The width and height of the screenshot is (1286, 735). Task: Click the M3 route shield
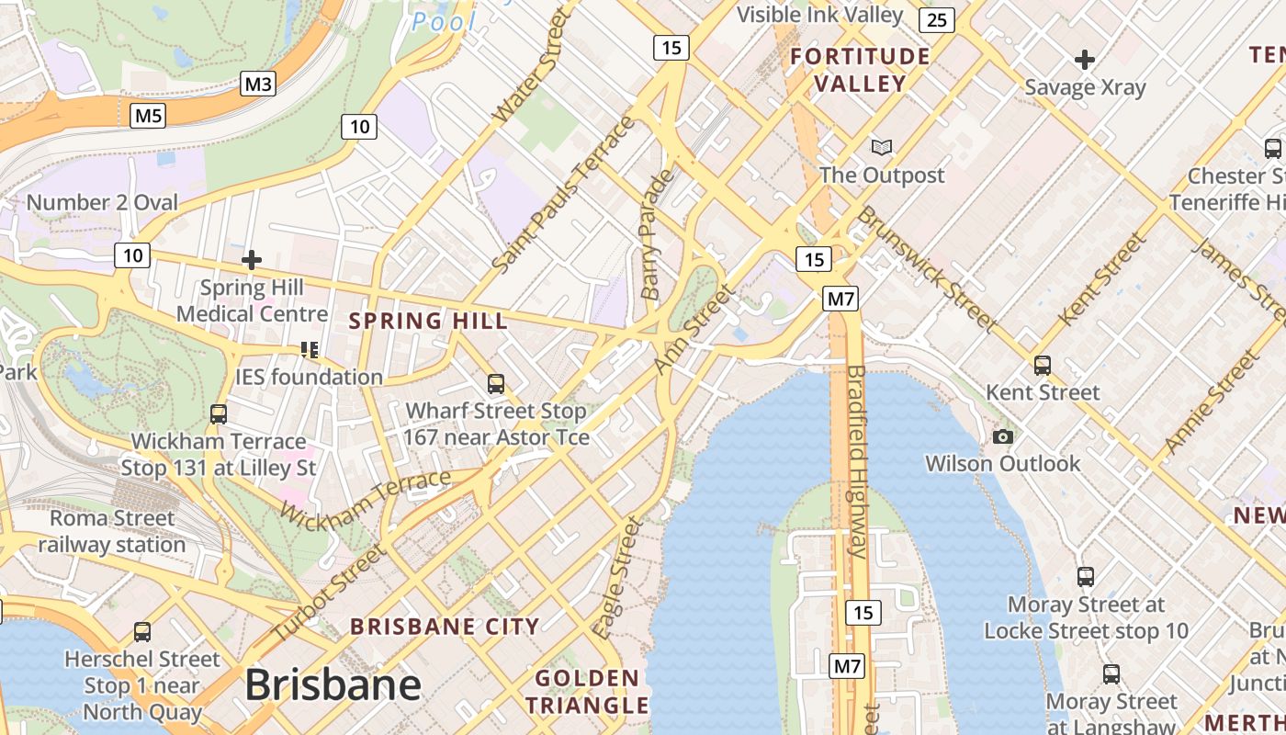point(258,85)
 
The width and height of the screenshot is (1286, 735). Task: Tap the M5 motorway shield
point(148,116)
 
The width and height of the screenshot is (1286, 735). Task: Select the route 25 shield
point(935,19)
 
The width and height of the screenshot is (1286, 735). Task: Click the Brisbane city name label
point(333,685)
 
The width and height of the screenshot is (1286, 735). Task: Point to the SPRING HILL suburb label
point(428,321)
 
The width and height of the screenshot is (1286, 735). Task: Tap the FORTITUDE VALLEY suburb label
point(861,70)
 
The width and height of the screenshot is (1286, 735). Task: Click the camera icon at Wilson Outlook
point(1003,436)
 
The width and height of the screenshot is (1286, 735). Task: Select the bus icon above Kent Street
point(1042,365)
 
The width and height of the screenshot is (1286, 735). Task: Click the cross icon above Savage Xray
point(1085,61)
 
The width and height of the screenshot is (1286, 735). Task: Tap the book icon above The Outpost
point(881,147)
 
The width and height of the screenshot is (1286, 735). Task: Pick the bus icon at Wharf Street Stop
point(496,383)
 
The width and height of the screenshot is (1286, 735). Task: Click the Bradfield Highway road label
point(857,461)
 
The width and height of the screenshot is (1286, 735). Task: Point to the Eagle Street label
point(618,578)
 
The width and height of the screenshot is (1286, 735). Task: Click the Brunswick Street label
point(926,268)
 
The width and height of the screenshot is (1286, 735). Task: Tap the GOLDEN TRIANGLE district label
point(588,692)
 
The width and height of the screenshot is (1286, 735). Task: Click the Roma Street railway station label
point(112,531)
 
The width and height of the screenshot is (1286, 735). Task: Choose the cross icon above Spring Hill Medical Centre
point(251,260)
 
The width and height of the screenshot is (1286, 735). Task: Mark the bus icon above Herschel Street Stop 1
point(141,632)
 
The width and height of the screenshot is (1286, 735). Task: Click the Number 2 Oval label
point(102,202)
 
